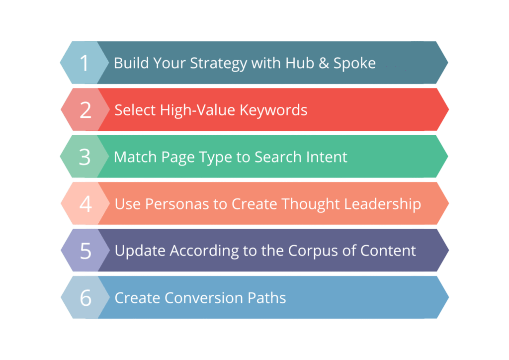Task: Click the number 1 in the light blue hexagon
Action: [x=85, y=63]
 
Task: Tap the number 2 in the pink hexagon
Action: [x=85, y=110]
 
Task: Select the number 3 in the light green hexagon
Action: [x=85, y=157]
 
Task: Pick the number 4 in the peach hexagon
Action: [x=85, y=204]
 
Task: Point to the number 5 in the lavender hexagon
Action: [x=85, y=251]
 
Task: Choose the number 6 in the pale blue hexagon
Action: [x=85, y=298]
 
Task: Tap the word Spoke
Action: [x=354, y=64]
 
